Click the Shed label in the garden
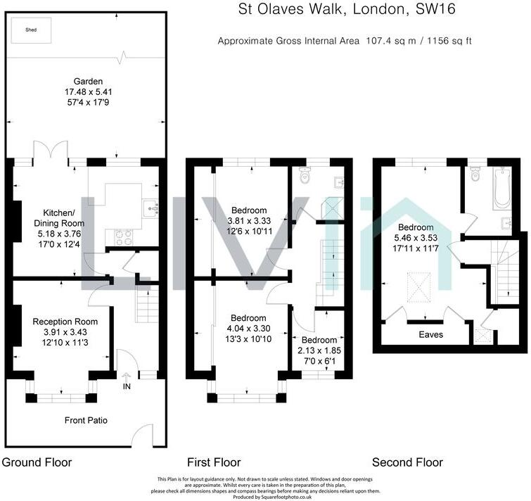tap(31, 31)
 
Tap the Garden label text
tap(84, 81)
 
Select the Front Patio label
tap(86, 421)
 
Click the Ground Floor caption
tap(37, 462)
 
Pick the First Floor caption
tap(214, 462)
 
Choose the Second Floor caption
tap(407, 462)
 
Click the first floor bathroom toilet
tap(305, 176)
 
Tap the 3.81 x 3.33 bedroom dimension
tap(250, 222)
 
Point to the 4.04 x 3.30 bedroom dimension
tap(248, 329)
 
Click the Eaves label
tap(431, 335)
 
